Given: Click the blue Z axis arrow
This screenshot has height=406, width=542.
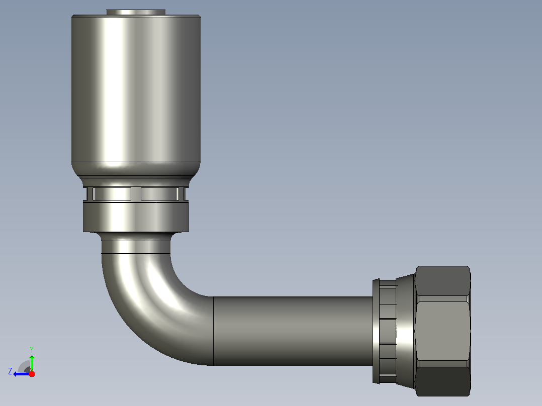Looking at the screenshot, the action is pyautogui.click(x=21, y=374).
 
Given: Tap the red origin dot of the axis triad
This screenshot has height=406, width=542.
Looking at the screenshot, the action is pyautogui.click(x=32, y=374).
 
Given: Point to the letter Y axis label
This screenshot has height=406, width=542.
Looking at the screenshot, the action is pyautogui.click(x=32, y=349).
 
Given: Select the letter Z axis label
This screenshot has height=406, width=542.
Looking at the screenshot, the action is pyautogui.click(x=10, y=371).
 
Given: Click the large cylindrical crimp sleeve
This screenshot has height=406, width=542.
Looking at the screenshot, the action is pyautogui.click(x=136, y=88).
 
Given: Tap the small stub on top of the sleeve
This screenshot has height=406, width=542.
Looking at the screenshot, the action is pyautogui.click(x=136, y=13).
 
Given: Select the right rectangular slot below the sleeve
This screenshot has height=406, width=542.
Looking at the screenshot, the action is pyautogui.click(x=159, y=194).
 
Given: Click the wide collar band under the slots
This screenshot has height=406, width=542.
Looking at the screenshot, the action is pyautogui.click(x=136, y=217).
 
